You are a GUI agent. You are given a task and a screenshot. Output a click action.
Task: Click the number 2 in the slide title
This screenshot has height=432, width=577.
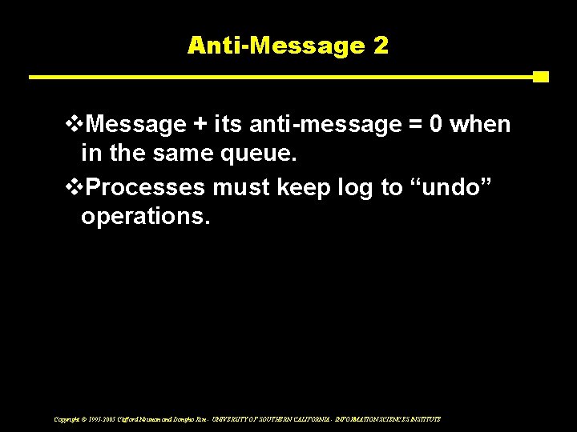coord(380,46)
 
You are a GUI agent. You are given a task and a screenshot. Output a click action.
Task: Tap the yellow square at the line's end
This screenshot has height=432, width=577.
coord(541,77)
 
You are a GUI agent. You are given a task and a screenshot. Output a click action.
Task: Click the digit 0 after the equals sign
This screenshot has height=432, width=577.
coord(437,126)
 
